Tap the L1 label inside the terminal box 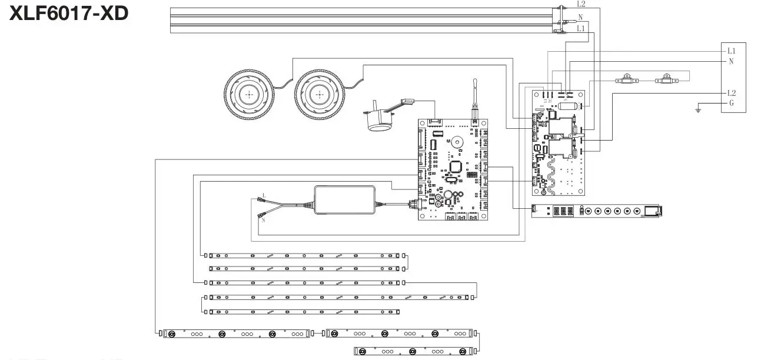(x=731, y=51)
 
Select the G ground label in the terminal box (x=731, y=103)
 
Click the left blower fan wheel (x=250, y=94)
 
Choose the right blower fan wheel (x=320, y=94)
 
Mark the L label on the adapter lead (x=264, y=195)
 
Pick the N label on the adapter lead (x=264, y=220)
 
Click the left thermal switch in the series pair (x=627, y=80)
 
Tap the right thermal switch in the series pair (x=666, y=80)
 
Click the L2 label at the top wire (x=581, y=4)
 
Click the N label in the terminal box (x=731, y=61)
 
